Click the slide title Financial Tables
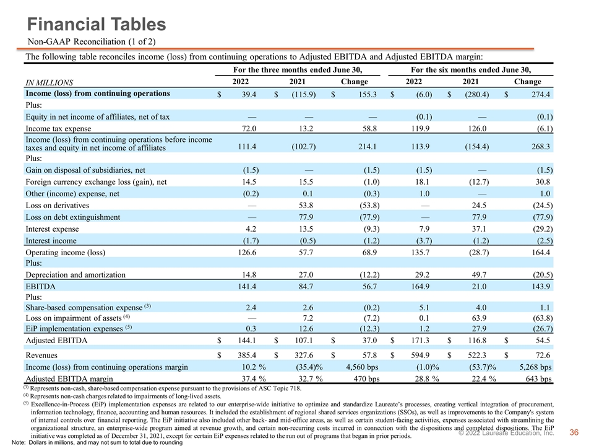97,24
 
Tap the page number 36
574,432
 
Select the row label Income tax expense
58,129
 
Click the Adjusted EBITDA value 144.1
247,340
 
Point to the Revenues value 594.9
420,355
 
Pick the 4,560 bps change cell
362,367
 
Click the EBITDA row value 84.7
306,286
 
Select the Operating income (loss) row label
65,253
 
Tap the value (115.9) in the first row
303,94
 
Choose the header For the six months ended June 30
471,70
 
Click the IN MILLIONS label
49,82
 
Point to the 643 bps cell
538,378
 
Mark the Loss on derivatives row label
57,205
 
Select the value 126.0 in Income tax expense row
477,129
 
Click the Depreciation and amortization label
75,274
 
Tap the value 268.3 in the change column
541,146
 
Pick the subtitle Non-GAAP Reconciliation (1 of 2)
92,42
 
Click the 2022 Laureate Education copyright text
506,433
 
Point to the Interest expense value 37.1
479,229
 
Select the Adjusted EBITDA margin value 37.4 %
254,378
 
